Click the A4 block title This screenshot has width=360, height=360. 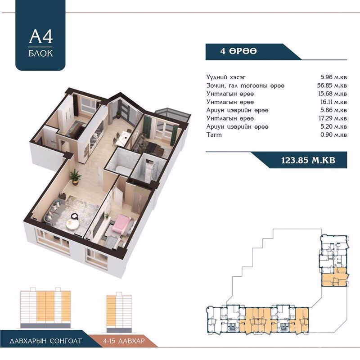pos(41,36)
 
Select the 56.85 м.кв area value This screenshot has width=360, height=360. pos(332,85)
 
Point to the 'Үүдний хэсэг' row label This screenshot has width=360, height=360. pos(226,77)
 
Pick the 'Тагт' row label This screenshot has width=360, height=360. pos(214,135)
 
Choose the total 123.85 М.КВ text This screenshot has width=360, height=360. pos(308,160)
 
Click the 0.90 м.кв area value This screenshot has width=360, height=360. pos(333,135)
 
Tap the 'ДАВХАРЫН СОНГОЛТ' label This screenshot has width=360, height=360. pos(46,341)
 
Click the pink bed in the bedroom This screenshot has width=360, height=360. pos(121,223)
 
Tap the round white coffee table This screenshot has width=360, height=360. pos(72,223)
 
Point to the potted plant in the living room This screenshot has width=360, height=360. pos(75,177)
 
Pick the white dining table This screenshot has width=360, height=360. pos(125,136)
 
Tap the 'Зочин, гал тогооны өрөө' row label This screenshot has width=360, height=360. pos(245,85)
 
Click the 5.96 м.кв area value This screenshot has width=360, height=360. pos(333,77)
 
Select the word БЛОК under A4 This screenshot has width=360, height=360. pos(40,53)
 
